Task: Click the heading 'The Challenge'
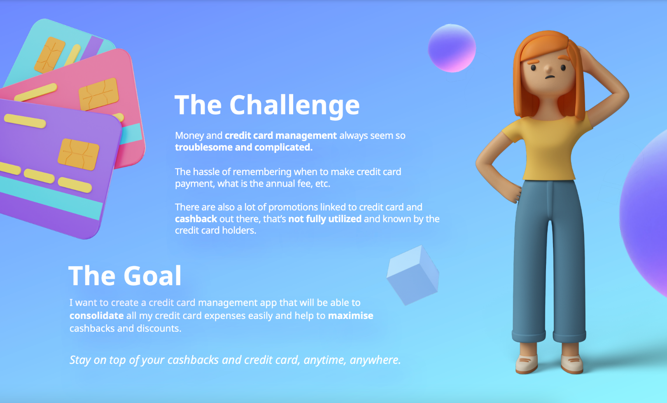coord(267,105)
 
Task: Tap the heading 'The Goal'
coord(125,276)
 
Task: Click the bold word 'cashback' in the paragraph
coord(196,219)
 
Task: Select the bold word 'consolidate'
coord(96,315)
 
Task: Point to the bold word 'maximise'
coord(350,315)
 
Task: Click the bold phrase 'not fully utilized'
coord(325,219)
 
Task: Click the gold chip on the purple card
coord(78,155)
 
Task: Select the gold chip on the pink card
coord(98,94)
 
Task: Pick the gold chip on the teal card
coord(49,55)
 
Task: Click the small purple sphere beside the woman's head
coord(452,48)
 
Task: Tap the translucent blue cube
coord(413,275)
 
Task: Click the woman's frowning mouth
coord(550,77)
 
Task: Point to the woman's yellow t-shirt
coord(547,148)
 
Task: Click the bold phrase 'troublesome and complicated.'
coord(244,148)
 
